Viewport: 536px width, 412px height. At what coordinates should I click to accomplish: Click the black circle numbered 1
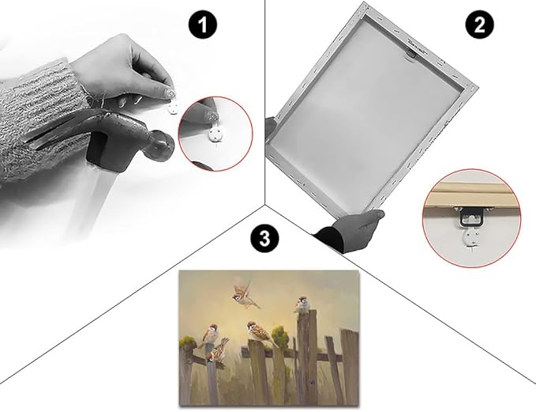[203, 25]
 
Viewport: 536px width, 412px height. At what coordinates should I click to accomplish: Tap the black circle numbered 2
[480, 25]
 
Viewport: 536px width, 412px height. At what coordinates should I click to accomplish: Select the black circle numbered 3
[264, 238]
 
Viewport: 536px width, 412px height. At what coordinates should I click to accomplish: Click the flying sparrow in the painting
[245, 294]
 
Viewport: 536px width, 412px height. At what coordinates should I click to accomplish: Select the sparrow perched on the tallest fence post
[302, 304]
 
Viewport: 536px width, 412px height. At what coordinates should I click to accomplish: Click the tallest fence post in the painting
[307, 356]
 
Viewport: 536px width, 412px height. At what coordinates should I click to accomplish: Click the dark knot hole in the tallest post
[311, 382]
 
